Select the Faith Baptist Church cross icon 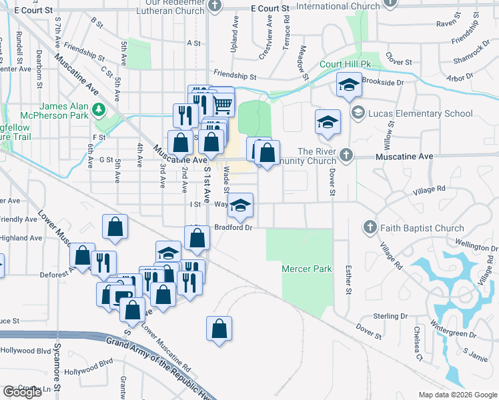tap(370, 228)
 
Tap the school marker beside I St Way tap(241, 206)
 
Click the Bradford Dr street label tap(233, 228)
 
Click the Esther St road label tap(348, 280)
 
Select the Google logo tap(22, 391)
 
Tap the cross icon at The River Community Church tap(346, 155)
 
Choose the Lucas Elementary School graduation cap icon tap(358, 113)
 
